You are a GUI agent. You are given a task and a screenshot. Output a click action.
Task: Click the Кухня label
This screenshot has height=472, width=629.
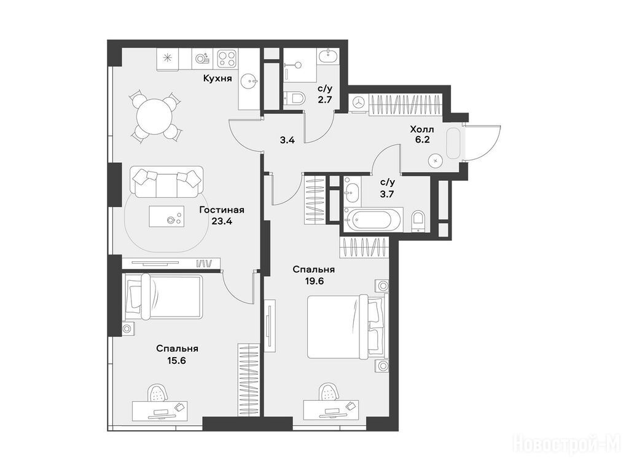click(x=217, y=78)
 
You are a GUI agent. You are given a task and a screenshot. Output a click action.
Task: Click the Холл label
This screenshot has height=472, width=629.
click(x=421, y=130)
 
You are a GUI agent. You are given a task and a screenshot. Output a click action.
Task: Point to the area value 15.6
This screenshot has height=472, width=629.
click(x=177, y=360)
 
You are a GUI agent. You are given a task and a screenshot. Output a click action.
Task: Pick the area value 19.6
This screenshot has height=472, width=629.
click(x=313, y=281)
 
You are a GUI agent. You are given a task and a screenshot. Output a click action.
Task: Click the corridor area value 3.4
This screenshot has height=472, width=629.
click(x=287, y=141)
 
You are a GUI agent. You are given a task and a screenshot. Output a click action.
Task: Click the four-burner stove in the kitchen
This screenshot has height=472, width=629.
click(x=228, y=59)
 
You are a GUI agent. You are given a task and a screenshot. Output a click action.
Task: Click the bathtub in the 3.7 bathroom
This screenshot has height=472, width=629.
click(x=373, y=219)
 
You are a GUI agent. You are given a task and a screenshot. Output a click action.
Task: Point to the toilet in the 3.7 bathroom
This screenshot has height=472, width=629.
click(x=418, y=221)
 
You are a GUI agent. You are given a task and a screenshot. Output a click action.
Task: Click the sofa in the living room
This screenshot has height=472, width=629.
click(x=166, y=182)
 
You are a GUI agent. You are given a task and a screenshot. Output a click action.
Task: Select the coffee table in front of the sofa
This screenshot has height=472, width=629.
click(x=166, y=216)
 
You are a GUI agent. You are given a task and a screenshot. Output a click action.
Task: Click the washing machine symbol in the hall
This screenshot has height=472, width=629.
click(x=358, y=103)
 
